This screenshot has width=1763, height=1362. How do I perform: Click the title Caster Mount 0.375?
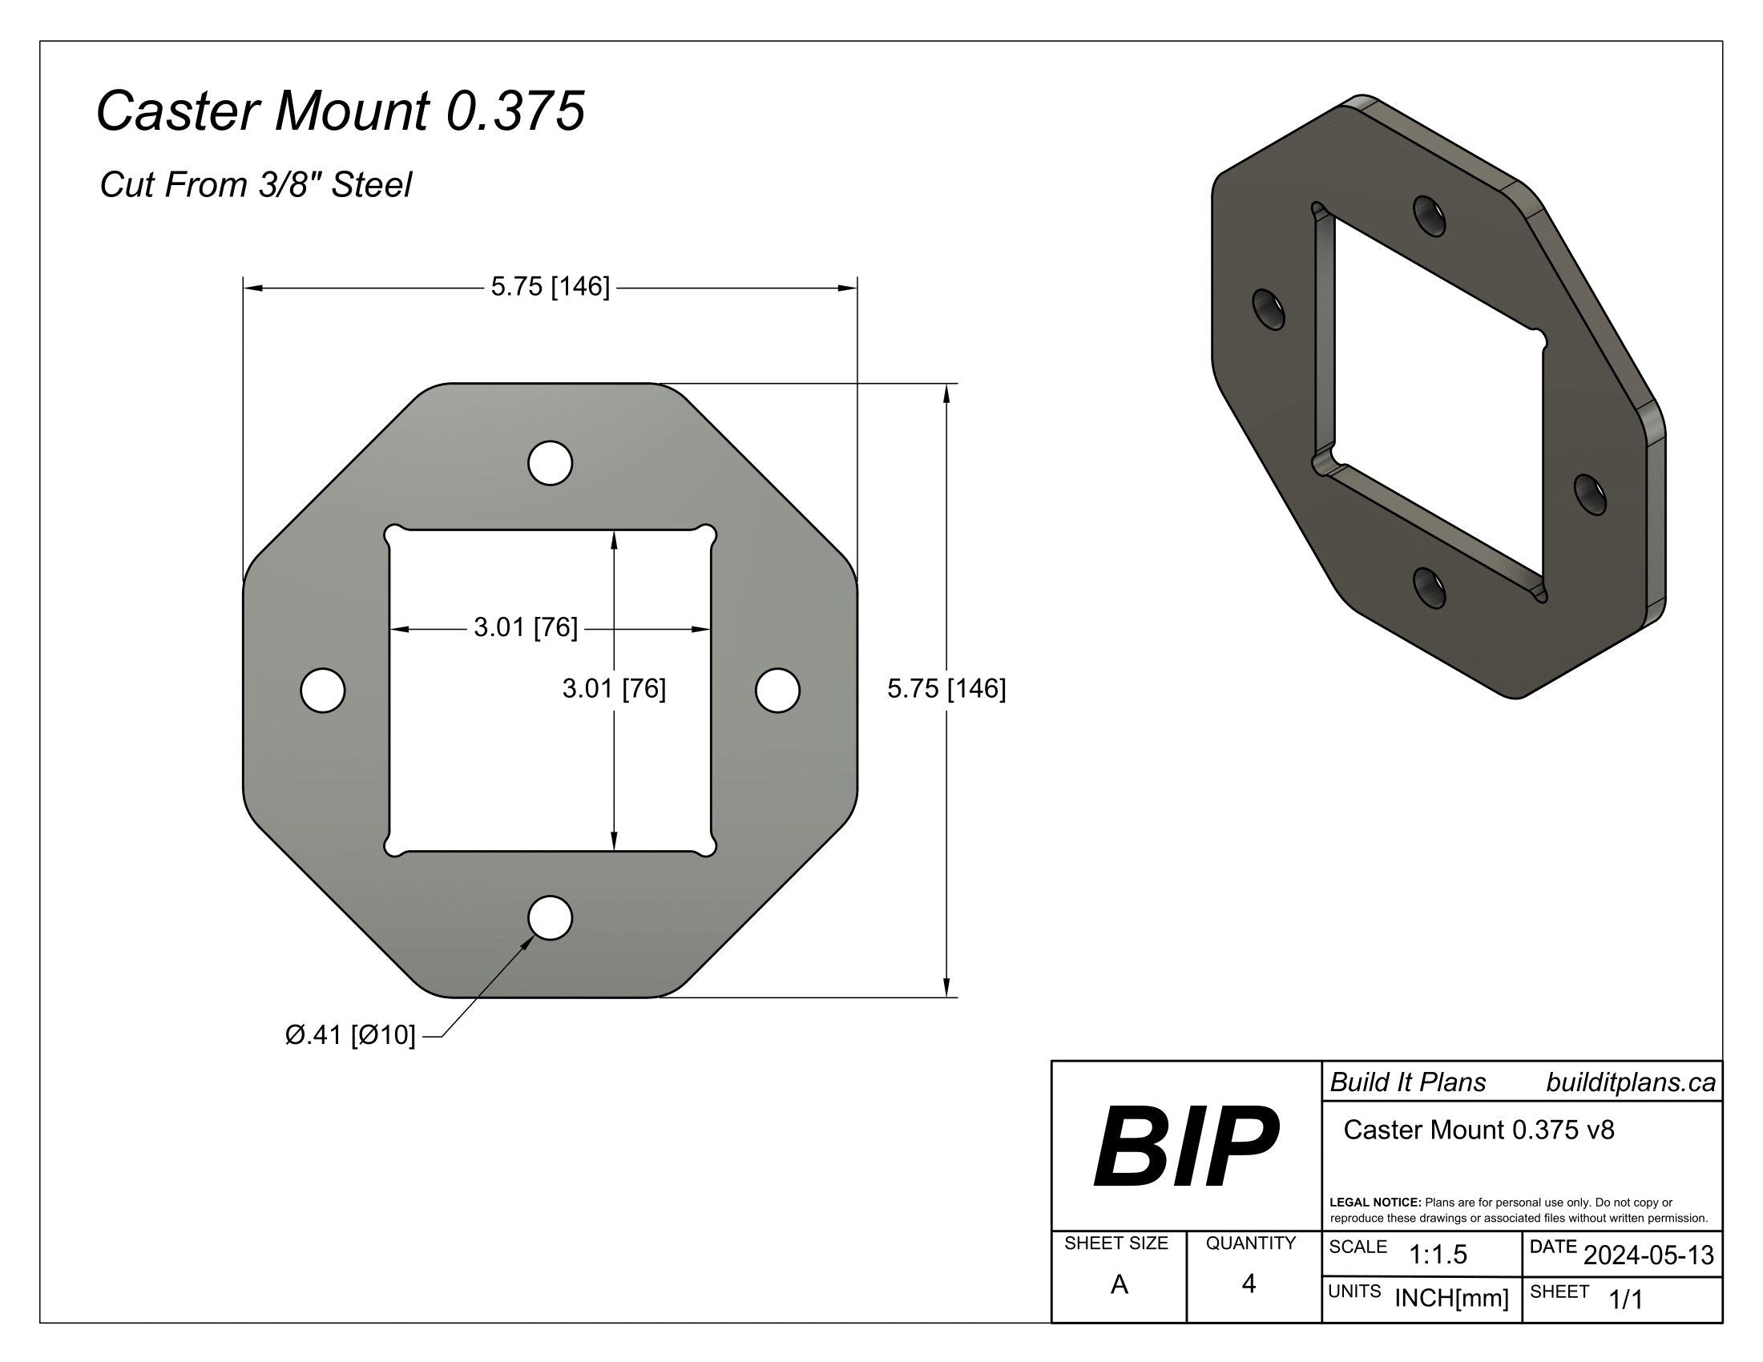(340, 111)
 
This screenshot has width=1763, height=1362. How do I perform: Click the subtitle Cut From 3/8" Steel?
(255, 185)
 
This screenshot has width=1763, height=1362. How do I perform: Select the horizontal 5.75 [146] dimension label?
(550, 287)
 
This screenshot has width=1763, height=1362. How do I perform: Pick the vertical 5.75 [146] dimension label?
(946, 688)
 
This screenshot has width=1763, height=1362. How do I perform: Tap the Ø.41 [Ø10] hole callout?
(350, 1034)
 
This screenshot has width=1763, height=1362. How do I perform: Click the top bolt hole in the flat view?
(550, 463)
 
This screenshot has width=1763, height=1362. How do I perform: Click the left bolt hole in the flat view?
(322, 691)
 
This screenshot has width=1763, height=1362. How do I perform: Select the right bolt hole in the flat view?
(777, 691)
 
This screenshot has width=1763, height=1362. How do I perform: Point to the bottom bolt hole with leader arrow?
(550, 918)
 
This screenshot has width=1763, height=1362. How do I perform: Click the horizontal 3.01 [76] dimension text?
(526, 628)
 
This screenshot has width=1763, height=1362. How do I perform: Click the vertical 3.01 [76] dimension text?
(614, 689)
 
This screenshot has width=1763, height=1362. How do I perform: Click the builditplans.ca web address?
(1630, 1083)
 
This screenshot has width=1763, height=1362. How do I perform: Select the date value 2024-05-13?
(1648, 1255)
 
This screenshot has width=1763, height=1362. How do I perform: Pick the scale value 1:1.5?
(1438, 1255)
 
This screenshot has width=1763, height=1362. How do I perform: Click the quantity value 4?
(1249, 1283)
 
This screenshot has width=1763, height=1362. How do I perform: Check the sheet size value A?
(1119, 1284)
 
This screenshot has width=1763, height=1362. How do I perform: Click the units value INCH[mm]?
(1451, 1298)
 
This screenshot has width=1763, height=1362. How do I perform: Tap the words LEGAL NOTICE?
(1374, 1203)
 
